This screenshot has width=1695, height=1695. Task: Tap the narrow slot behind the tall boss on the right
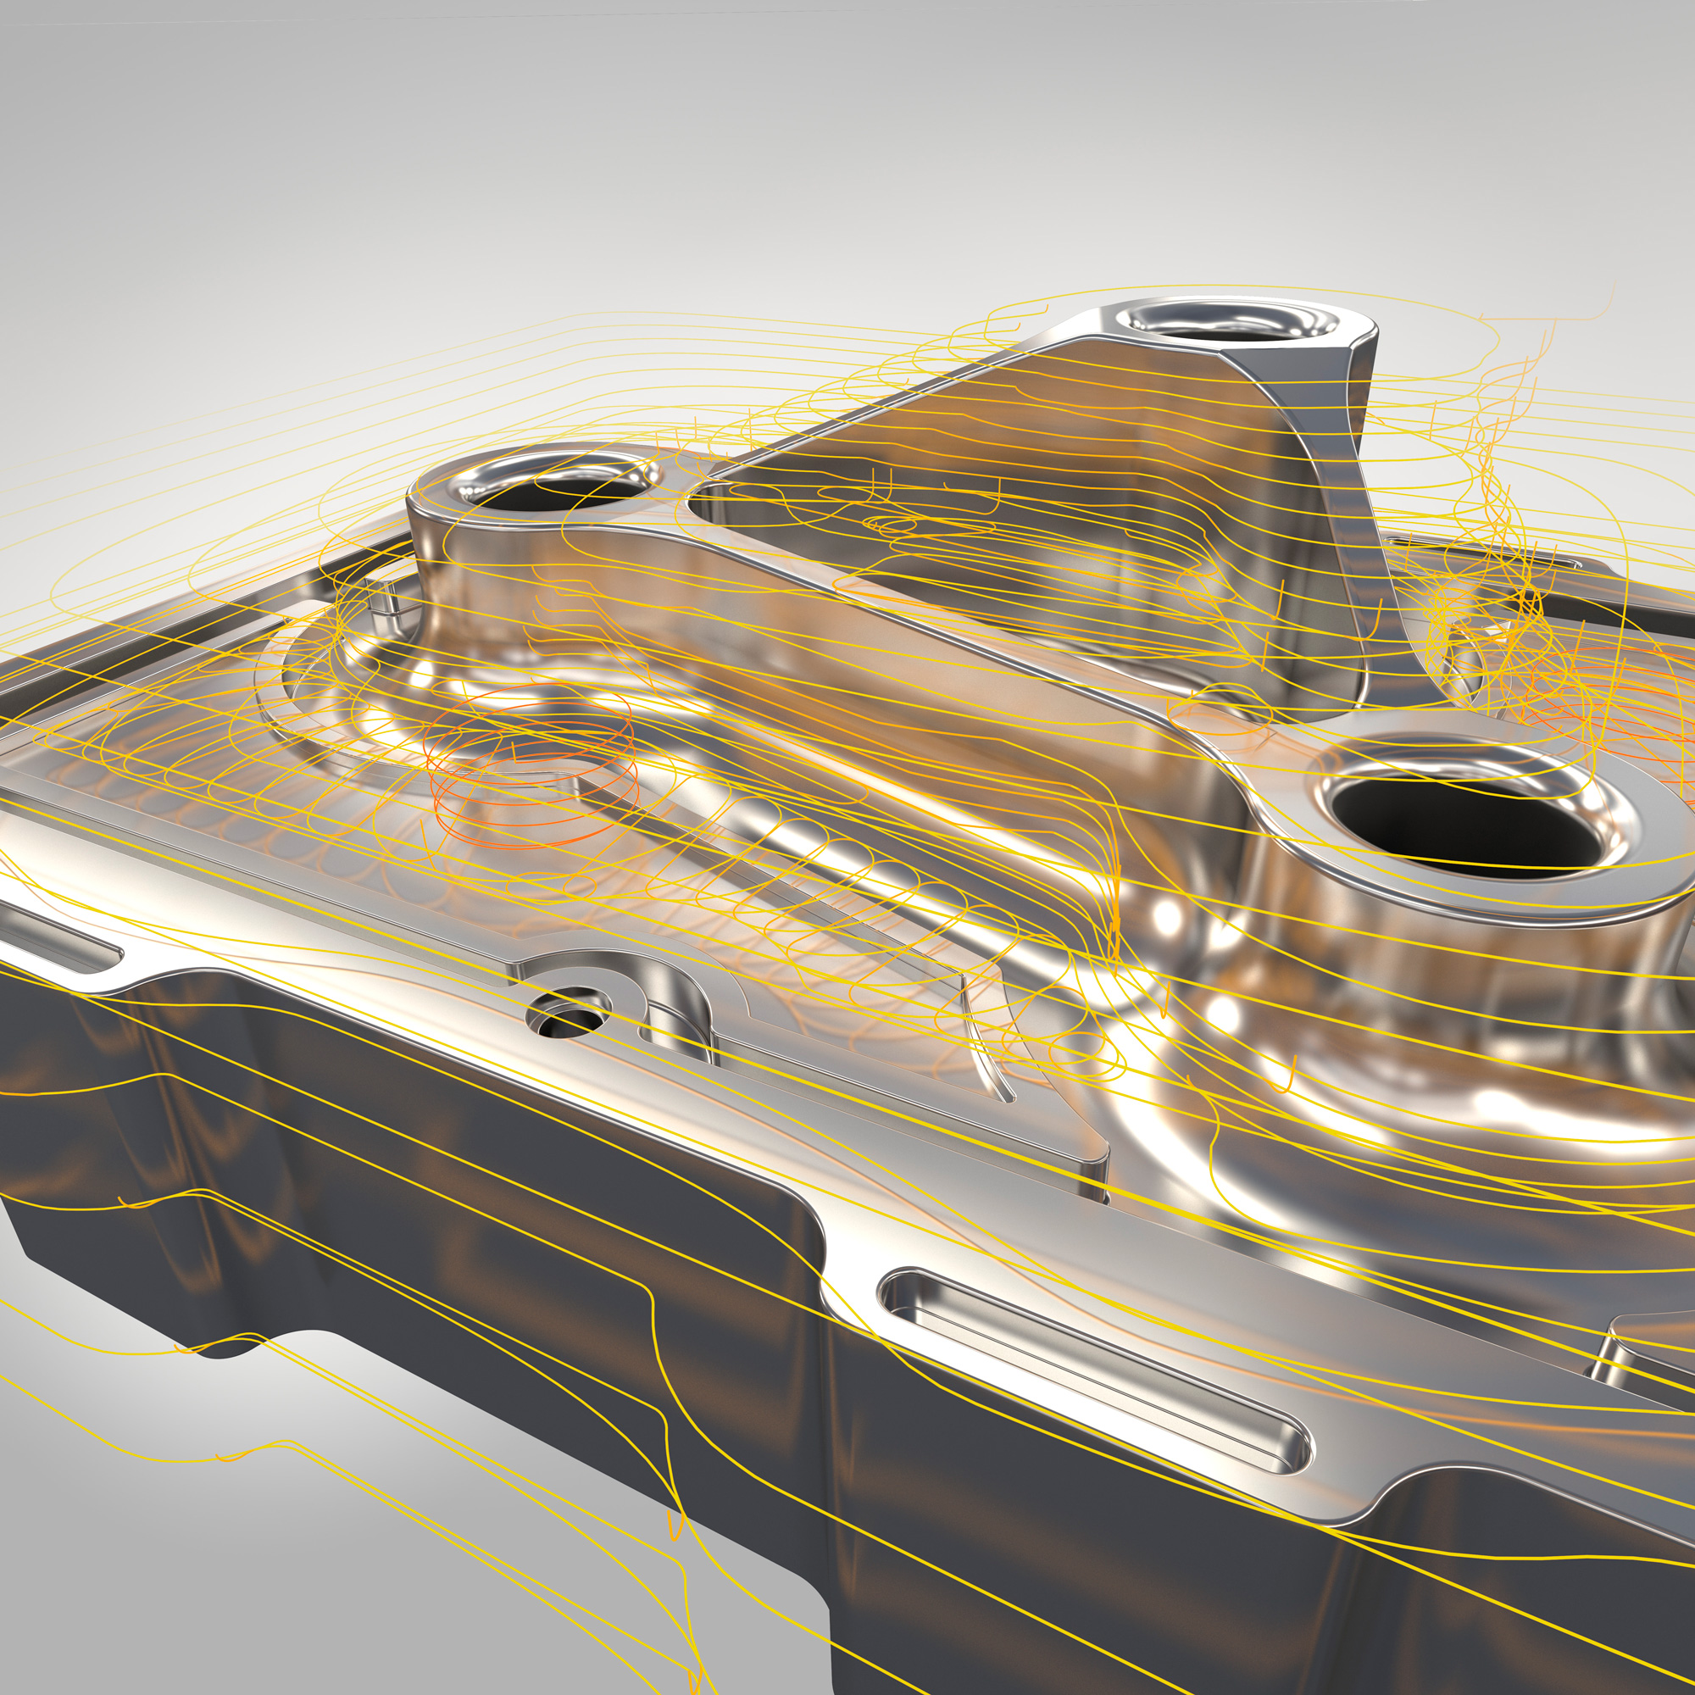(x=1544, y=562)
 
